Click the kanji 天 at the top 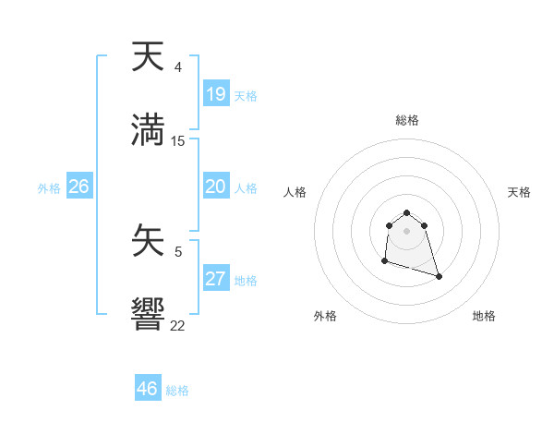[148, 57]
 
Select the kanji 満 [148, 128]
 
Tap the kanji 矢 [148, 243]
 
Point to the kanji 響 [148, 314]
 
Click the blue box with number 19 [215, 93]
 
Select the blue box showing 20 [215, 187]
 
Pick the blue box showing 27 [215, 279]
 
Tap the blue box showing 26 [78, 187]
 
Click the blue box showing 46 [147, 388]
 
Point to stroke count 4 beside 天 [177, 67]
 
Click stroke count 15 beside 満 [178, 140]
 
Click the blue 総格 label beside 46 [177, 391]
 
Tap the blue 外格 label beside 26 [49, 188]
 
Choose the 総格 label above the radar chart [406, 120]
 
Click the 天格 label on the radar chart [519, 192]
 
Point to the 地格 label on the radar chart [484, 316]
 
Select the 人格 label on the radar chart [295, 192]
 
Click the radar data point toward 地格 [439, 276]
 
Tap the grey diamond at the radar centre [406, 230]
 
